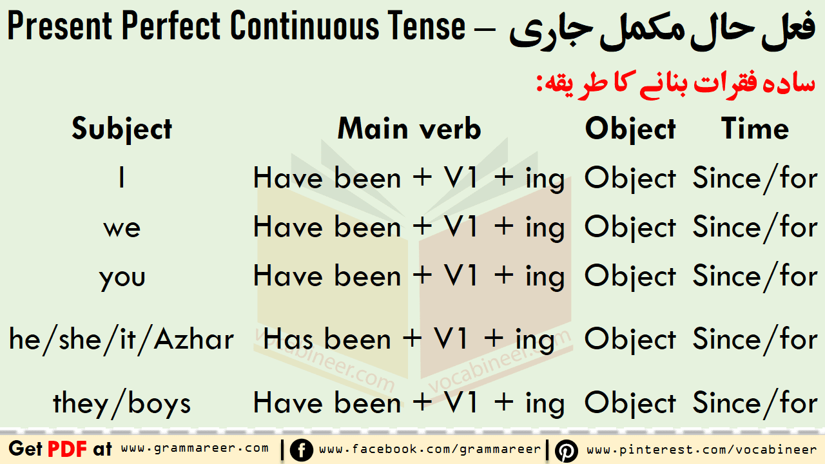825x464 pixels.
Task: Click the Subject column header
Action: point(122,129)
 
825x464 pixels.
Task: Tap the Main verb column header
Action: point(409,128)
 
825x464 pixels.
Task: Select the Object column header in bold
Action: point(630,130)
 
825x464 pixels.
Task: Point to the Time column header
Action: point(755,128)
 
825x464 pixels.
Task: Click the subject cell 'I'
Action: point(122,178)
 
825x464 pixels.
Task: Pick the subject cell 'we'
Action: point(122,228)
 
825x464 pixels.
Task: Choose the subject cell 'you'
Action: point(122,278)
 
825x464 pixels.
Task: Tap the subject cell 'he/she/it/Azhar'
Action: point(122,340)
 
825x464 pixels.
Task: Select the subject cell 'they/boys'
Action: point(122,403)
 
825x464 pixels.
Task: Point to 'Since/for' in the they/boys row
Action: point(755,403)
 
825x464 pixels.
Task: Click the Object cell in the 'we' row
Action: point(630,227)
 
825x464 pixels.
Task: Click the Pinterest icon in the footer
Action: point(567,450)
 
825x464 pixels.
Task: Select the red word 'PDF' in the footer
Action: point(67,449)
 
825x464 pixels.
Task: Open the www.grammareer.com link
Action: point(195,448)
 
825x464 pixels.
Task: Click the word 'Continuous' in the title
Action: point(305,25)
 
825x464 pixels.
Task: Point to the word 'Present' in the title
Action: point(60,25)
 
